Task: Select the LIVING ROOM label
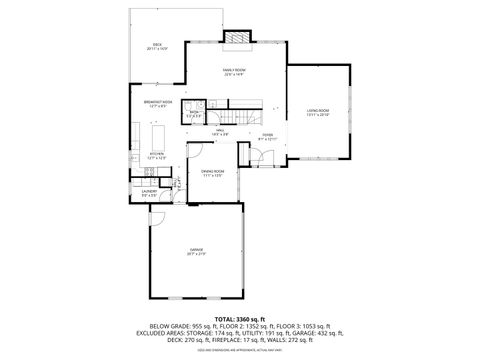coord(318,112)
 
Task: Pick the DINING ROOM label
coord(211,173)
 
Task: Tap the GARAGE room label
coord(197,251)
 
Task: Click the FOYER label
coord(267,136)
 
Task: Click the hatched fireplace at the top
coord(236,38)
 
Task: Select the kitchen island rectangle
coord(158,135)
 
